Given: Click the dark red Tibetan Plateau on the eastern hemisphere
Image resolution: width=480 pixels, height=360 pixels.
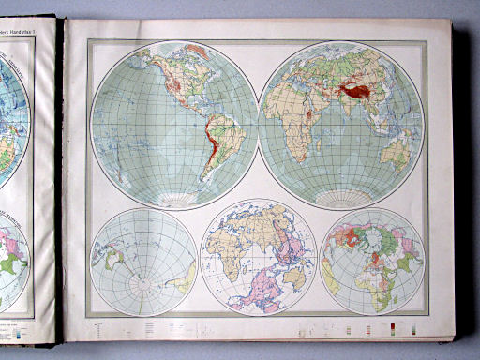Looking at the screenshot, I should [x=355, y=90].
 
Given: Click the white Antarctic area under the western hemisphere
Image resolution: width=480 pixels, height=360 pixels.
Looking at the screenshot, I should [x=174, y=199].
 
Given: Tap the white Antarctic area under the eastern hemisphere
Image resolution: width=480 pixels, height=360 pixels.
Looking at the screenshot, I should [x=341, y=199].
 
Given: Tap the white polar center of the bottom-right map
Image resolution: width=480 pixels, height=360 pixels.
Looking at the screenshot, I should [x=372, y=262].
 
